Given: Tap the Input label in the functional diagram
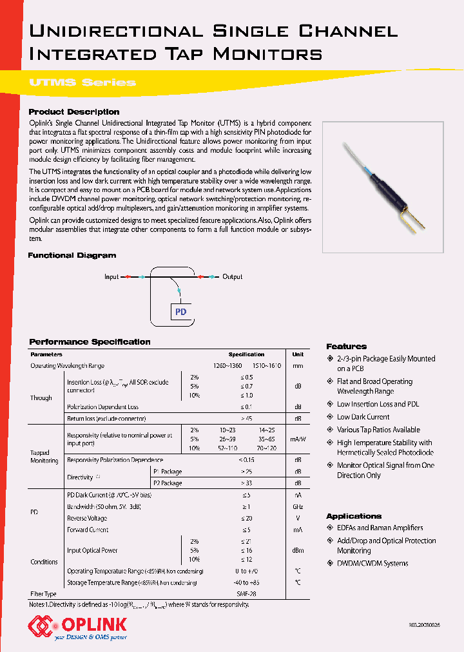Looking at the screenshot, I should pos(111,276).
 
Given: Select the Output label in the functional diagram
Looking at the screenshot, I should pos(233,276).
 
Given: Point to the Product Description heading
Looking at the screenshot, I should pos(74,112).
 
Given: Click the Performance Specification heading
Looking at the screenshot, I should pos(90,342).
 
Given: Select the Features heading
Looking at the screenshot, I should pos(346,347).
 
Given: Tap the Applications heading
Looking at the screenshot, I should pos(354,516).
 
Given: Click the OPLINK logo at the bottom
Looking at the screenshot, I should pos(77,625).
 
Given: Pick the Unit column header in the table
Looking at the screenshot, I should pos(298,354).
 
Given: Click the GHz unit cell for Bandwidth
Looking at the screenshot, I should pos(298,507).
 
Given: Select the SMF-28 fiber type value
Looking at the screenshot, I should pos(246,593).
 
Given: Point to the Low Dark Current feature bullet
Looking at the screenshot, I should pos(363,417).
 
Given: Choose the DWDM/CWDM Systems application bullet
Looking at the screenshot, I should pos(372,563).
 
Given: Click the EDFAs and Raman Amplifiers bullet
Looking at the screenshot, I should pos(380,528).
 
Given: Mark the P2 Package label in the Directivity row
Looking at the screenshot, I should pos(168,483).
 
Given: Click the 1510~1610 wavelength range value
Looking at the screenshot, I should pos(266,366).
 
